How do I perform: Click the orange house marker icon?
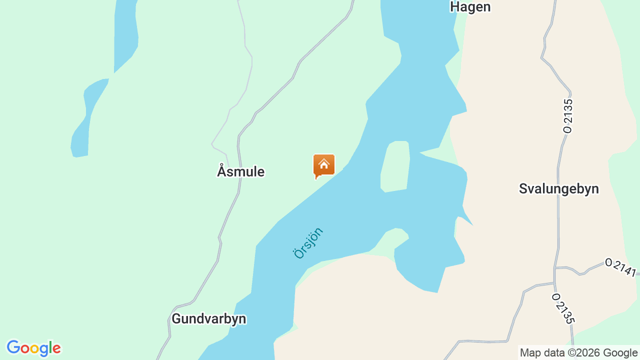click(x=324, y=165)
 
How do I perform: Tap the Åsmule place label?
click(x=240, y=171)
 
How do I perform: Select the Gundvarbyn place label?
click(x=208, y=319)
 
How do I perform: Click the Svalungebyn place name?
click(x=558, y=189)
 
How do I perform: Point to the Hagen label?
click(x=470, y=7)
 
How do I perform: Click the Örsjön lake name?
click(x=308, y=243)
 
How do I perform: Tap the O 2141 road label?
click(x=620, y=267)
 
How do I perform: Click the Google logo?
click(x=33, y=348)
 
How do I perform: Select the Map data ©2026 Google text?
click(x=578, y=353)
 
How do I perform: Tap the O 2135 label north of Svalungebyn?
click(x=567, y=115)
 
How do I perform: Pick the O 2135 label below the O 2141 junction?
click(x=563, y=308)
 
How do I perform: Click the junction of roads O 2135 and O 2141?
click(x=554, y=268)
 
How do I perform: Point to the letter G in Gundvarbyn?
click(x=176, y=319)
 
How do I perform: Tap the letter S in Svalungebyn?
click(x=523, y=189)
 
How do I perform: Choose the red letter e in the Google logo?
click(x=56, y=348)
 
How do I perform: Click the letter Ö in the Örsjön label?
click(x=299, y=253)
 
